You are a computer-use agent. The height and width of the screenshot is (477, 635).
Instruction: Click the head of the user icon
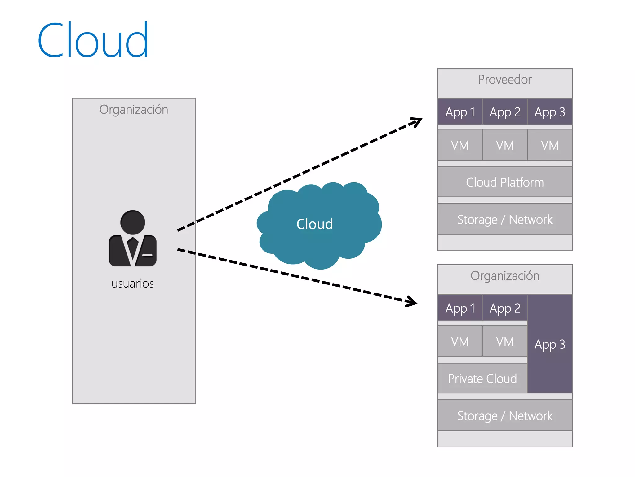(133, 222)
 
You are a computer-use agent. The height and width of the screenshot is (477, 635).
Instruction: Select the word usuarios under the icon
(133, 284)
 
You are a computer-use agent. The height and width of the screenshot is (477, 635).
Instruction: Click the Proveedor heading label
(505, 79)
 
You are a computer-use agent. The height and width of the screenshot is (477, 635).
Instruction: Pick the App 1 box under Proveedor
(460, 112)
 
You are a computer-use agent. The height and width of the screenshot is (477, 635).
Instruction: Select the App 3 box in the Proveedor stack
(550, 112)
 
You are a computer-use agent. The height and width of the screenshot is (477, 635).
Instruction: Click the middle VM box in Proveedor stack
(505, 145)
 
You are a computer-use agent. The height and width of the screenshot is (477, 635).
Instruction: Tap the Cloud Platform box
(505, 182)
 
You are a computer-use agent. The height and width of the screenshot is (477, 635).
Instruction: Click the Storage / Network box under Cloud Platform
(505, 219)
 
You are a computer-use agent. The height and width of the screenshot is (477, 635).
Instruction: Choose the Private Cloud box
(482, 379)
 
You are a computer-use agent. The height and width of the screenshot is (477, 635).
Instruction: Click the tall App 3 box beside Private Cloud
(550, 344)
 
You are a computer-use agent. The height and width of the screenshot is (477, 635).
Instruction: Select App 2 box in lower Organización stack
(505, 308)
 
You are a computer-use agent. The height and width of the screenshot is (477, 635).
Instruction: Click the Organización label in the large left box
(134, 110)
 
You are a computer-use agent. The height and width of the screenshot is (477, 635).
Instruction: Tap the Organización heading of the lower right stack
(505, 276)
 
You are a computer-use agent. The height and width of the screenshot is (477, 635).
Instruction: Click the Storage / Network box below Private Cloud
(505, 416)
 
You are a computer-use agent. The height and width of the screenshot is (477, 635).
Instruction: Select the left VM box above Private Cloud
(460, 342)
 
